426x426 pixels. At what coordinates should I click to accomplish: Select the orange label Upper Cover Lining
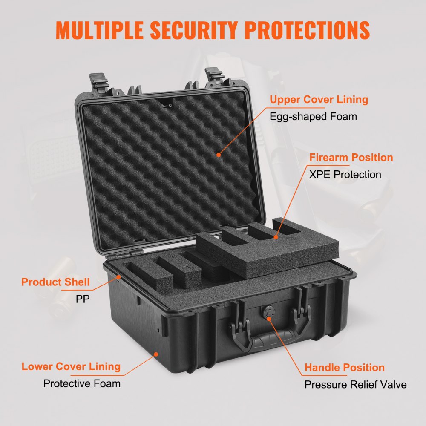click(x=319, y=100)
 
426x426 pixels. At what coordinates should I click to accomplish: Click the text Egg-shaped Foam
click(x=313, y=116)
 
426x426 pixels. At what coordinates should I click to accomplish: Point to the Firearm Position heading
click(x=351, y=158)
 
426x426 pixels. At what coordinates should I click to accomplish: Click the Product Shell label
click(x=55, y=282)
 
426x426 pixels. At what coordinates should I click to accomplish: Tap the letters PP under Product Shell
click(x=83, y=299)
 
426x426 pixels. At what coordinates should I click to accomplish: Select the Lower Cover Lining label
click(x=71, y=366)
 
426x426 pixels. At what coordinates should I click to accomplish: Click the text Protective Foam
click(x=82, y=383)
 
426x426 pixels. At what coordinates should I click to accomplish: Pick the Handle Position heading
click(x=344, y=367)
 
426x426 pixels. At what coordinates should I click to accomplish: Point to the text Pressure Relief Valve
click(x=355, y=385)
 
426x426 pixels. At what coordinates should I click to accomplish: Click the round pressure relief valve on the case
click(x=269, y=312)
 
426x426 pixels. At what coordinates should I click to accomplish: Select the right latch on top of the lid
click(x=215, y=76)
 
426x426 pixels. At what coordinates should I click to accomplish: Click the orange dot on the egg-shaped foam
click(x=219, y=155)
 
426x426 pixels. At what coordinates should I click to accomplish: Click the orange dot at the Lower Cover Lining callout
click(x=156, y=353)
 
